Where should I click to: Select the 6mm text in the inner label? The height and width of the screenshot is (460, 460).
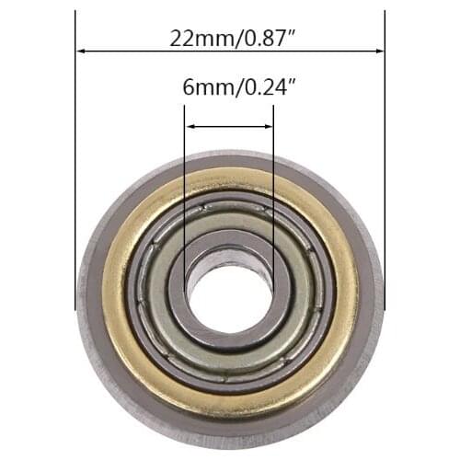click(201, 90)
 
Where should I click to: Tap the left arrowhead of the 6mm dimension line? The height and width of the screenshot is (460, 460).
click(189, 127)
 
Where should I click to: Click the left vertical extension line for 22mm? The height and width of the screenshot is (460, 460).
click(75, 184)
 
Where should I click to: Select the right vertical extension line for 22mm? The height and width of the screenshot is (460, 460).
click(385, 184)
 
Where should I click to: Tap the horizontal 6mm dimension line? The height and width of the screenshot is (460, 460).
click(229, 127)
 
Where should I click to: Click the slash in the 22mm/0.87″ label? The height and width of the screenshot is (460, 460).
click(227, 38)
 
